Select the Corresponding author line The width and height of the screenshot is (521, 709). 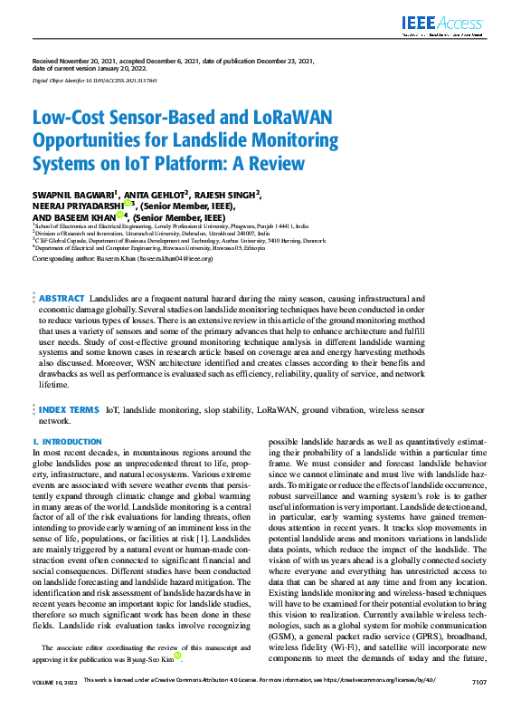click(122, 258)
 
